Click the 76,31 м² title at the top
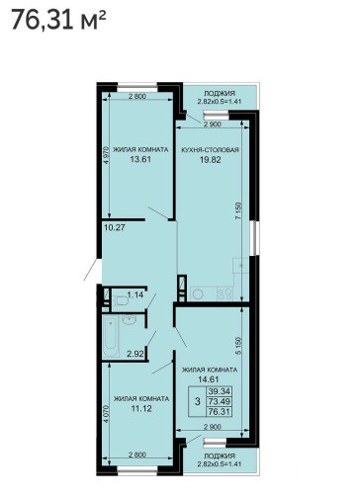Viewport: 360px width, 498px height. coord(58,20)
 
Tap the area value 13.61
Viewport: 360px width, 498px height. coord(140,160)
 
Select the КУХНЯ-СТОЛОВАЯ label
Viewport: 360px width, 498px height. coord(210,150)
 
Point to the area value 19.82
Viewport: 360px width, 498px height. coord(211,160)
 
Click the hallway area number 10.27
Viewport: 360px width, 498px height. coord(115,227)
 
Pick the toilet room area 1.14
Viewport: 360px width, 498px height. coord(135,294)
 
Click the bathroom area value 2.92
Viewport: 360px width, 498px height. coord(135,355)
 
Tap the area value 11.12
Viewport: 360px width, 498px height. coord(141,409)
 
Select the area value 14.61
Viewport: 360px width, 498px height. coord(209,379)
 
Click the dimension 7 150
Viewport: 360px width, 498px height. coord(239,211)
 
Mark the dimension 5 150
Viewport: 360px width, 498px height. coord(239,346)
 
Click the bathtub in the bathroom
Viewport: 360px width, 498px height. coord(111,337)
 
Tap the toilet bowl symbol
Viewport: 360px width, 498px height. coord(121,300)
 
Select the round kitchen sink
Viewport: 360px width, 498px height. coord(198,293)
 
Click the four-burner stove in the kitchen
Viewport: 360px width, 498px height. coord(225,293)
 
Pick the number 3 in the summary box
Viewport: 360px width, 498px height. coord(197,401)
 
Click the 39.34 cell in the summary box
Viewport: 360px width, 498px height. coord(220,391)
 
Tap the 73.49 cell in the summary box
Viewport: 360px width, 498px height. coord(220,401)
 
